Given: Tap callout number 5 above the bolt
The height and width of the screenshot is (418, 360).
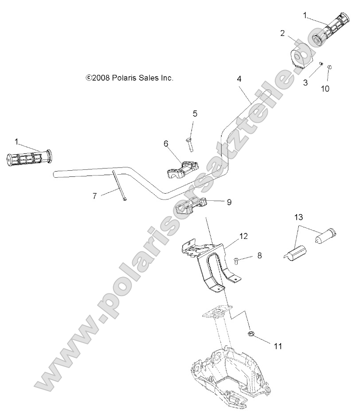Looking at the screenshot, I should pos(195,113).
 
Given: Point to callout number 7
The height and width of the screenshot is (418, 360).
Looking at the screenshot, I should pos(94,195).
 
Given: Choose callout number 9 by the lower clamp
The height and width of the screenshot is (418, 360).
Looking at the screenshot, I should pos(229,202).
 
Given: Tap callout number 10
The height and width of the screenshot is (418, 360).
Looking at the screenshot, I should pos(325,88).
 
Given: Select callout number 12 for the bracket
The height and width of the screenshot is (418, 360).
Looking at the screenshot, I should pos(244,236).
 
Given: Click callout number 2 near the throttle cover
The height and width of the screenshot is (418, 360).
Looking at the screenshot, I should pos(282,33).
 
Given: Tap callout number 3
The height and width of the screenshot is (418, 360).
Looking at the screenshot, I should pos(305,82).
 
